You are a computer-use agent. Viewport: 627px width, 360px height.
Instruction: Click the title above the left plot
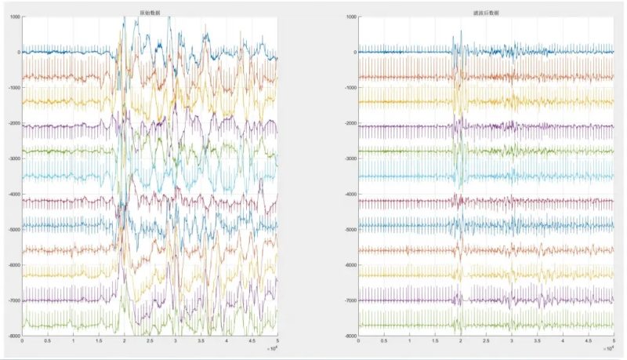[150, 10]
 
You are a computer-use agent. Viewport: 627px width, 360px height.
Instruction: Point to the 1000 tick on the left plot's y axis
[15, 16]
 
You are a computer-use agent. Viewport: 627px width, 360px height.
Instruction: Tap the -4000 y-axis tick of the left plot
[13, 194]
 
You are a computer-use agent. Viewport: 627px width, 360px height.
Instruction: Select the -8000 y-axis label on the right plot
[346, 336]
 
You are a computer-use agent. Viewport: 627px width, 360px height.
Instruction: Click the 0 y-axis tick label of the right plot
[352, 52]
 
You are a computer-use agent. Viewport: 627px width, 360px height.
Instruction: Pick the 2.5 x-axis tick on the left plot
[150, 341]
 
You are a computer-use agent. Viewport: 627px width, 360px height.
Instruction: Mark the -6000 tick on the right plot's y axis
[346, 265]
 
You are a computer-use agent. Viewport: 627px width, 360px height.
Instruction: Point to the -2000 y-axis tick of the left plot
[13, 123]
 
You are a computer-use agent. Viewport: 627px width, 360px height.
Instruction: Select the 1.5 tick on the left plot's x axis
[99, 341]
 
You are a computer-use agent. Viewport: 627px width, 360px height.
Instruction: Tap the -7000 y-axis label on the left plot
[13, 300]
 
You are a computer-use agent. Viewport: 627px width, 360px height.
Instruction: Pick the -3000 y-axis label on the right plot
[346, 158]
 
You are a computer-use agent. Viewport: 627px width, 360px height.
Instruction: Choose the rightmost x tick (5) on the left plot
[277, 341]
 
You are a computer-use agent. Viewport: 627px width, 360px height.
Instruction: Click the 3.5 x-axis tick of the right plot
[538, 341]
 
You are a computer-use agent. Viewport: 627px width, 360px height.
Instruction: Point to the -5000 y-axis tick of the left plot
[13, 229]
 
